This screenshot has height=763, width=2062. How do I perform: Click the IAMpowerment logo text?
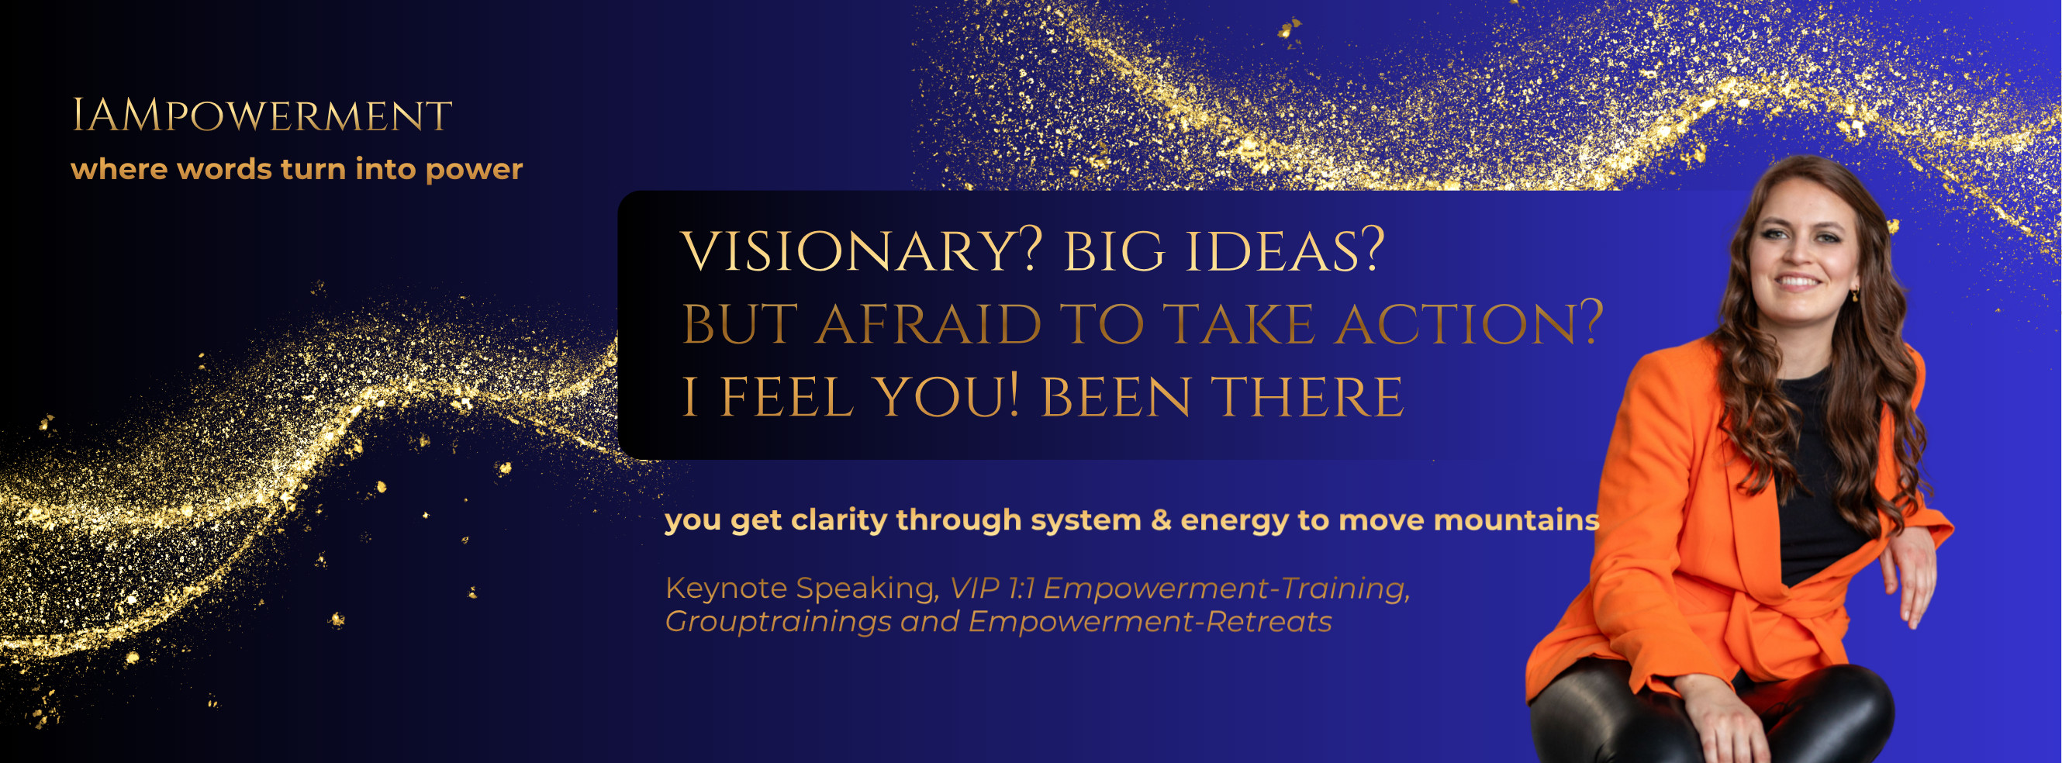(x=262, y=116)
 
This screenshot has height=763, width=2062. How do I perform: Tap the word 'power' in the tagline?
(x=474, y=171)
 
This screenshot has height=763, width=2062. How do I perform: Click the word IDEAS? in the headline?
(x=1284, y=251)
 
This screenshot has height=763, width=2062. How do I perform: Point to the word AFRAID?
(x=928, y=325)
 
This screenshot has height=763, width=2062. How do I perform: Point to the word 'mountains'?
(x=1516, y=521)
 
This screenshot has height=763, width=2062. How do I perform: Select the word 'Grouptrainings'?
(x=778, y=623)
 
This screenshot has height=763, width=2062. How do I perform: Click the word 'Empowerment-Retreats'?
(x=1149, y=622)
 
